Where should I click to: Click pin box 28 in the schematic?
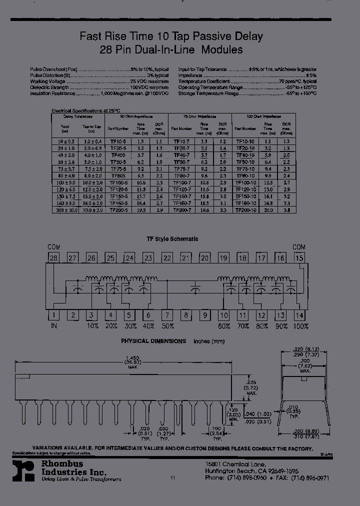(53, 258)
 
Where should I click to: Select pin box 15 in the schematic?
(299, 258)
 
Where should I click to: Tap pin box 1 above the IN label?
(53, 315)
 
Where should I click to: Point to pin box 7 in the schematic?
(167, 315)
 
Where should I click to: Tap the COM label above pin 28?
(53, 247)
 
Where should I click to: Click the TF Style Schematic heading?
(172, 239)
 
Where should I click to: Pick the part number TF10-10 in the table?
(245, 141)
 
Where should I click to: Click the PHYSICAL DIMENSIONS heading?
(153, 341)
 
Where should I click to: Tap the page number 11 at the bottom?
(173, 478)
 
